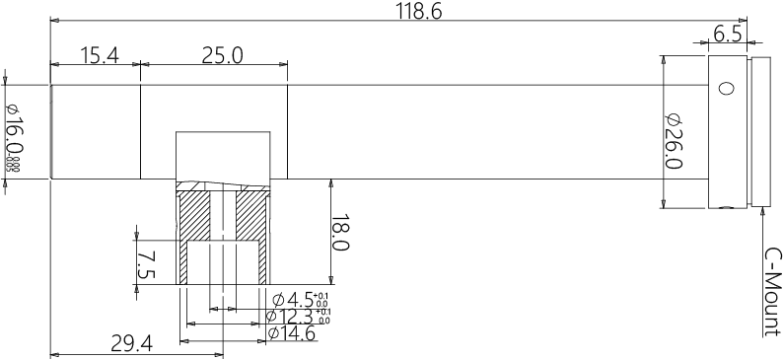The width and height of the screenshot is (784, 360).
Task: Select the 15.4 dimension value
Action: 99,55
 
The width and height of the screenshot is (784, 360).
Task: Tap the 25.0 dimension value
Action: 222,55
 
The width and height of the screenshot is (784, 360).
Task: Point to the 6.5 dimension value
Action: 727,35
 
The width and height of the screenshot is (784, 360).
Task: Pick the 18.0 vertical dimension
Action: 340,233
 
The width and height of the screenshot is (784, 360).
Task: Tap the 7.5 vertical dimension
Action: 147,263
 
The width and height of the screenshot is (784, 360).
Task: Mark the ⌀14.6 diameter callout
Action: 291,333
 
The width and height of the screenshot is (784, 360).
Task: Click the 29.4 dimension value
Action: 130,343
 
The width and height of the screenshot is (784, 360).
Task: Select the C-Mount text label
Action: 773,291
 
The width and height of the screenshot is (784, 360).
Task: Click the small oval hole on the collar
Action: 726,89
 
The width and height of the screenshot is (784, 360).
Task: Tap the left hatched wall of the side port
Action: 194,217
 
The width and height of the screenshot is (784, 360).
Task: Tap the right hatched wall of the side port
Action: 253,217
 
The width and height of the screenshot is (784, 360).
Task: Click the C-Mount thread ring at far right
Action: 760,131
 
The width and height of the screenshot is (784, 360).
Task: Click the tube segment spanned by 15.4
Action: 96,131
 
